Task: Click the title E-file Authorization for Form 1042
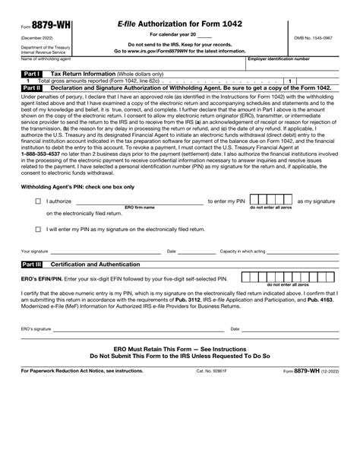180,24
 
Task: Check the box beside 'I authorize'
38,201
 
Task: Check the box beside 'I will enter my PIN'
38,228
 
